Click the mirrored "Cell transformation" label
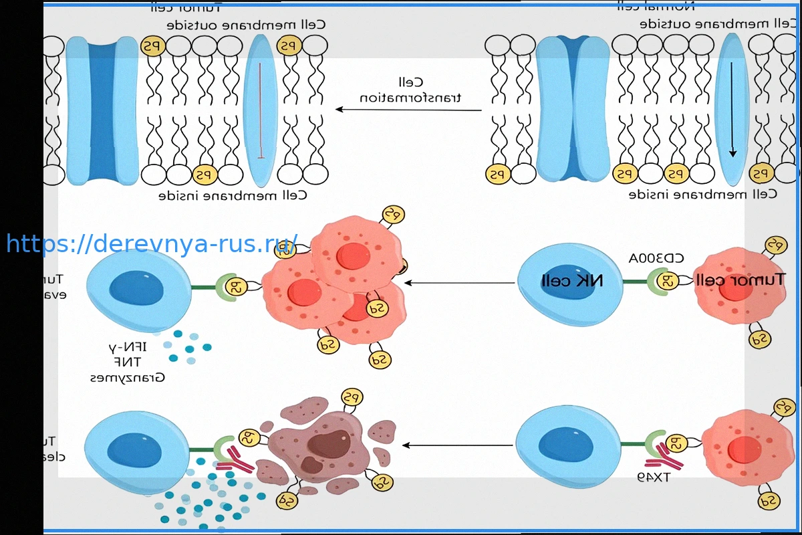(x=411, y=90)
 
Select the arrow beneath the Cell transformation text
(x=408, y=110)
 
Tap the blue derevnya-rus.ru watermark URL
(x=152, y=243)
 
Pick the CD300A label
(x=656, y=258)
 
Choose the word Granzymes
(x=128, y=377)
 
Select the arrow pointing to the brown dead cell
(x=458, y=445)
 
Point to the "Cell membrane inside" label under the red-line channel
(x=233, y=195)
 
